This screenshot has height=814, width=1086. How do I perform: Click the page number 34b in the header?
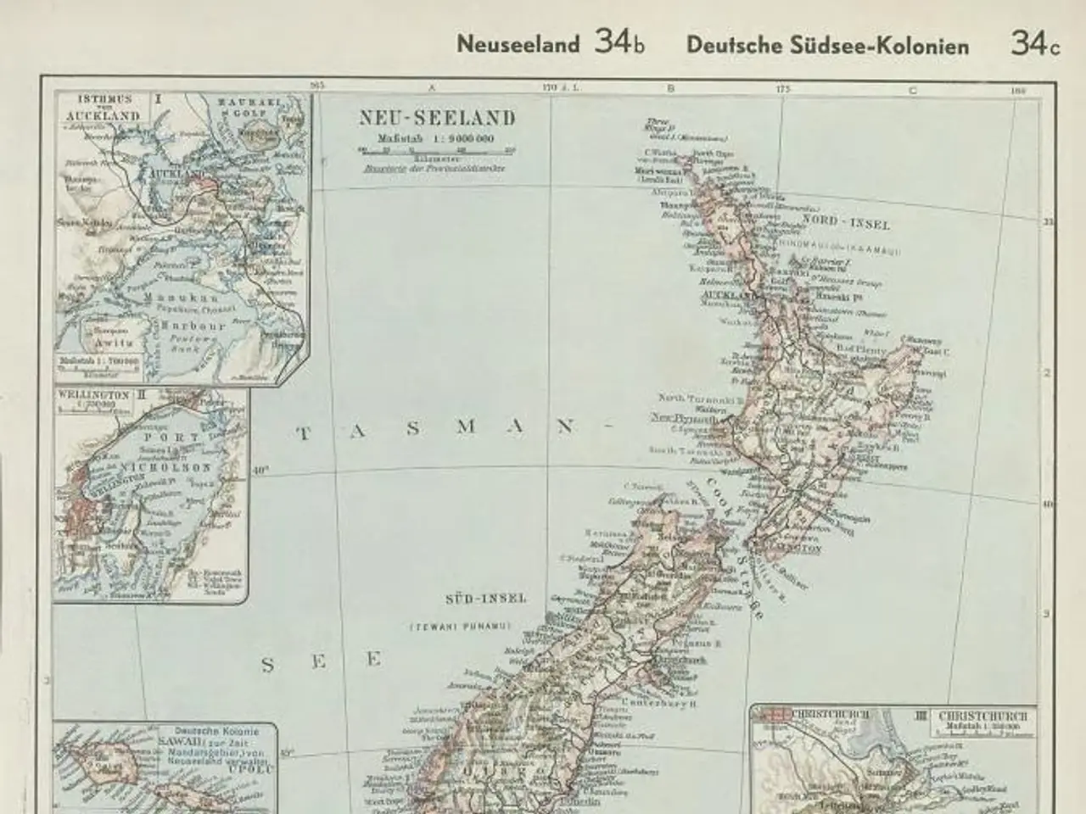click(x=619, y=44)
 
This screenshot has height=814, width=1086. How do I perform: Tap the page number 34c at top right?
click(x=1034, y=44)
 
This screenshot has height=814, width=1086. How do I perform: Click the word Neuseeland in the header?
click(x=518, y=45)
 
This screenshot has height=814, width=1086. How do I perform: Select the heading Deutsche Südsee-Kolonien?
click(x=827, y=46)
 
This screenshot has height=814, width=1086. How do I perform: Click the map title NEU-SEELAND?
click(x=437, y=118)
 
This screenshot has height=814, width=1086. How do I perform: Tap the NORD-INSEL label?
click(x=846, y=225)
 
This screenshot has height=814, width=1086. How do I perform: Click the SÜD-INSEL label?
click(x=479, y=599)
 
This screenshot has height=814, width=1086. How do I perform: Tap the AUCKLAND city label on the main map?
click(x=723, y=295)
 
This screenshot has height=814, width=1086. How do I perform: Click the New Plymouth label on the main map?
click(x=684, y=418)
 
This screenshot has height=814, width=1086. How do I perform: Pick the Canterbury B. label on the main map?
click(x=659, y=702)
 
